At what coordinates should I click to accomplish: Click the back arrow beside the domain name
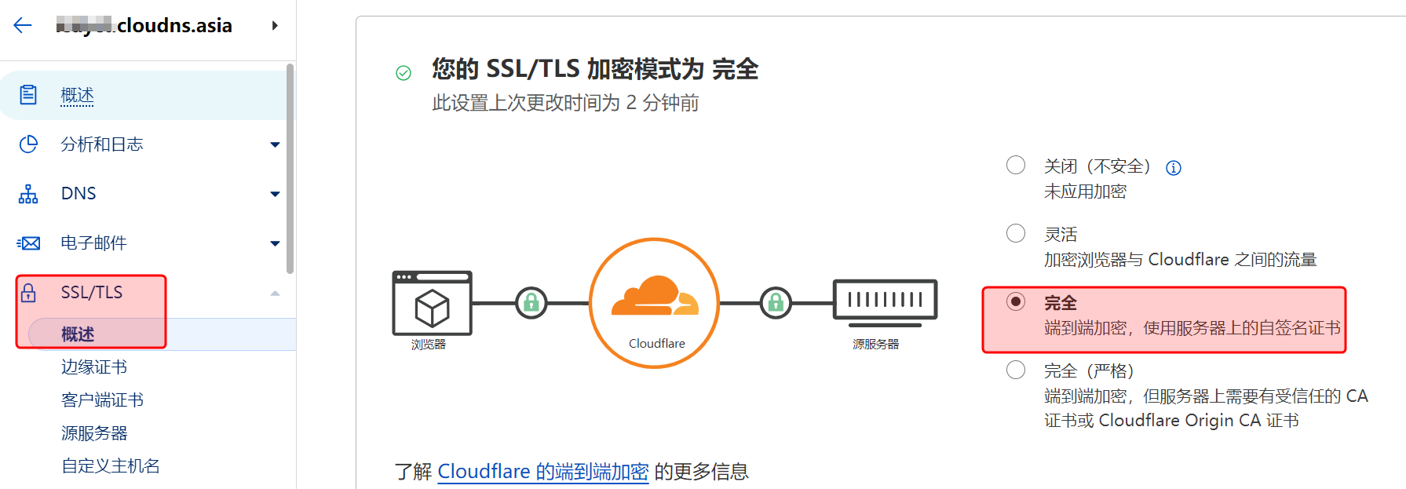(x=23, y=26)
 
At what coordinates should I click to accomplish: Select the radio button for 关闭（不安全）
(x=1016, y=165)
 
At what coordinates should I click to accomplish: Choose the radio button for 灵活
(x=1016, y=233)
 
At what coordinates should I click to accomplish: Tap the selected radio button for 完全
(x=1016, y=301)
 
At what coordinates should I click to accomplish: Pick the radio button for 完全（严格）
(x=1016, y=370)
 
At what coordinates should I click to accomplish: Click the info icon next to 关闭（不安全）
(x=1174, y=168)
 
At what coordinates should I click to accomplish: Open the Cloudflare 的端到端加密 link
(x=542, y=471)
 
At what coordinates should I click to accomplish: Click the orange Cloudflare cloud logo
(x=655, y=296)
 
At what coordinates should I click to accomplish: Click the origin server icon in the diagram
(x=885, y=301)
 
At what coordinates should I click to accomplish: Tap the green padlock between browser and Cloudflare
(x=531, y=302)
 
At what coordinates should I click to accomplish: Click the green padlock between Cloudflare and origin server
(x=776, y=302)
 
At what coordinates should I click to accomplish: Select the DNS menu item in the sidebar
(x=79, y=194)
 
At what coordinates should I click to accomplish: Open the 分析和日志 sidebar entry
(x=102, y=144)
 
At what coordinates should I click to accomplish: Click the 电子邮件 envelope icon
(x=29, y=243)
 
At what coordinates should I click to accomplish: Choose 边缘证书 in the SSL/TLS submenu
(x=94, y=367)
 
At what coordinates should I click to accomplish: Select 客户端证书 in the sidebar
(x=102, y=400)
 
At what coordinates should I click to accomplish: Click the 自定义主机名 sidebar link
(x=111, y=466)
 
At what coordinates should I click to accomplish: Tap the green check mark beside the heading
(x=404, y=73)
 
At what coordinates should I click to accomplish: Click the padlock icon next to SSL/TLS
(x=29, y=293)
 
